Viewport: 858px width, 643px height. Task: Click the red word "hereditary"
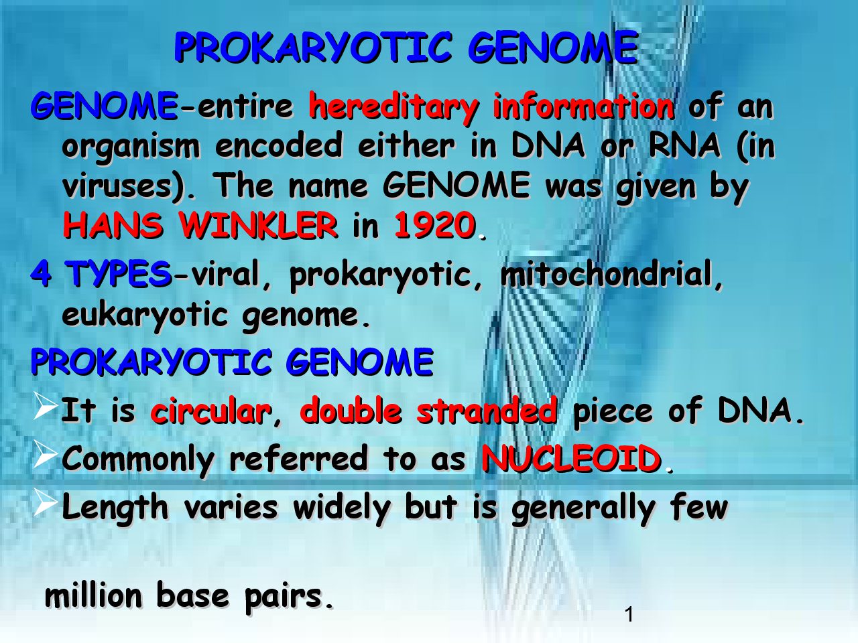tap(393, 108)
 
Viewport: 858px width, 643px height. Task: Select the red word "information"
tap(584, 105)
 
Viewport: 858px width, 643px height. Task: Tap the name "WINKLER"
tap(258, 225)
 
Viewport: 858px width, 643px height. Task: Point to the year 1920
tap(435, 225)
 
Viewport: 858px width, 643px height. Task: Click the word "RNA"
tap(684, 145)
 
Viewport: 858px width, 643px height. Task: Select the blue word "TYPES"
tap(119, 273)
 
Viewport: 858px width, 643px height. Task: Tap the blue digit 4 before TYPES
tap(41, 273)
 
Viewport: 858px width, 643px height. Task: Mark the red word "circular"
tap(211, 411)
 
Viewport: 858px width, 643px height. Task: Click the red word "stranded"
tap(487, 411)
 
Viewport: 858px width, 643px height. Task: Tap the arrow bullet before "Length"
tap(46, 502)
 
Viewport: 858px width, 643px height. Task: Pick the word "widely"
tap(341, 508)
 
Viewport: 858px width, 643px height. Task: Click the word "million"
tap(93, 595)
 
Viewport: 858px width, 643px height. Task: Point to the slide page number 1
tap(629, 615)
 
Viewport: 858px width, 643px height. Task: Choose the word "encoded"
tap(279, 145)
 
